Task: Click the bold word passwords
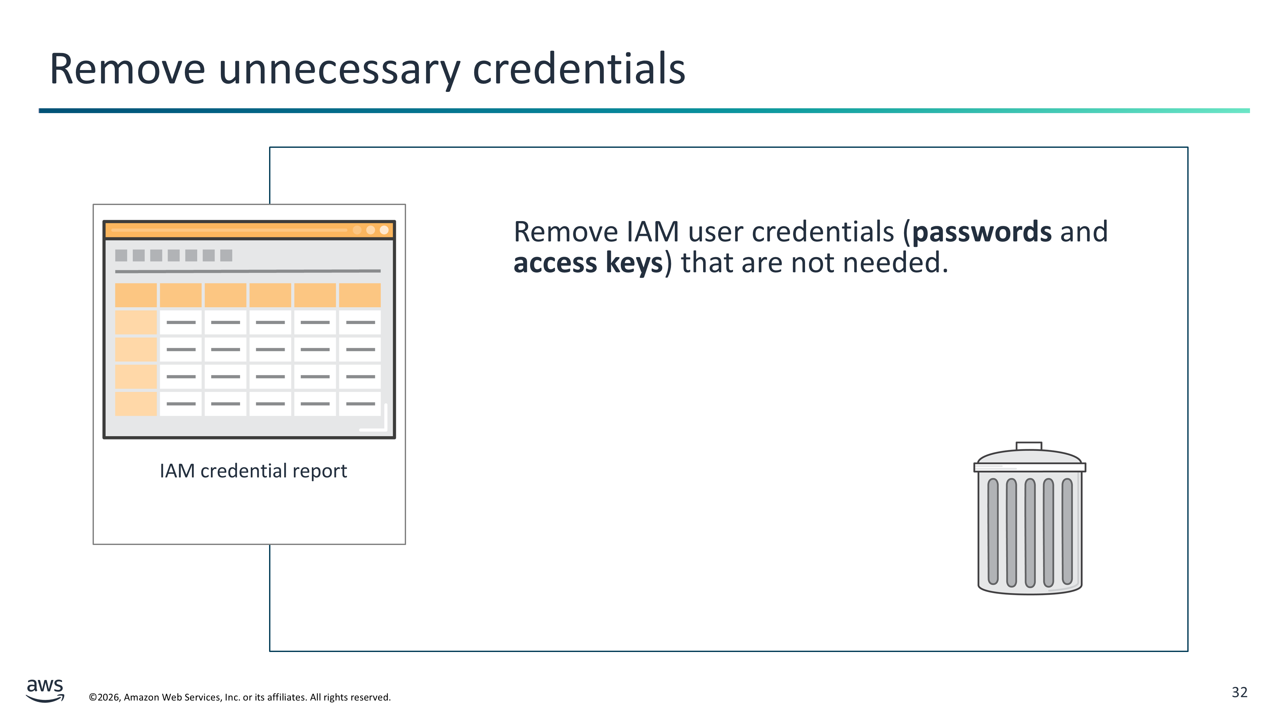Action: [982, 233]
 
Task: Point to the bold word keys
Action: [634, 263]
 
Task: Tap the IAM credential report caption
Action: [253, 471]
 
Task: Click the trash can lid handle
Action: [1029, 446]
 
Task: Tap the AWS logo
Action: [45, 691]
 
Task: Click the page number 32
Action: [1240, 692]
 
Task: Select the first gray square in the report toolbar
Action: [121, 255]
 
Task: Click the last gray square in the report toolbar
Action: [226, 255]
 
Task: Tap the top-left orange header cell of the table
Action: [136, 295]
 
